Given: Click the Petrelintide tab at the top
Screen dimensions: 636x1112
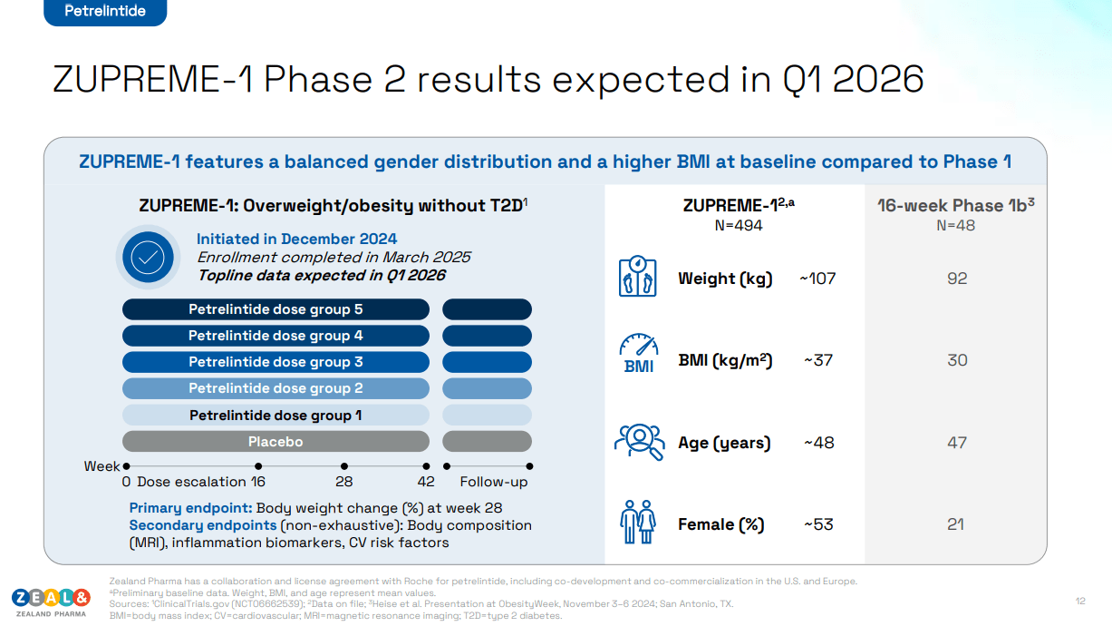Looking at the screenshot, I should pos(105,12).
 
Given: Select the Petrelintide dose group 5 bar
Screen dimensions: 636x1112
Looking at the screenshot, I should pos(276,309).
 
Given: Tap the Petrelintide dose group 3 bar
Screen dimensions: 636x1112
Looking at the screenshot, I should pos(276,362).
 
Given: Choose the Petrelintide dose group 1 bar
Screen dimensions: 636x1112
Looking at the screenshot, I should pos(276,416).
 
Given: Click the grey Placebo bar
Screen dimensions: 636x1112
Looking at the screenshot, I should pos(276,442).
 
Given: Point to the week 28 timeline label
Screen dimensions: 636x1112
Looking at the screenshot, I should pos(344,482).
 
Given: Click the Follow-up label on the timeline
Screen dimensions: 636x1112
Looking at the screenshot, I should pos(493,482).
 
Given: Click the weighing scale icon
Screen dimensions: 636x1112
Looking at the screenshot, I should pos(637,278).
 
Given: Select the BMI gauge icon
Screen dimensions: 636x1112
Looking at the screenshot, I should pos(638,355).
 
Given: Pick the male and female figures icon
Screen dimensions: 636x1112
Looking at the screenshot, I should pos(637,522).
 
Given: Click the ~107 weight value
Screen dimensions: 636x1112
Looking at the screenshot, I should pos(817,279).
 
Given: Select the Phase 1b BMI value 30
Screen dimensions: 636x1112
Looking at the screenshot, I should pos(957,360).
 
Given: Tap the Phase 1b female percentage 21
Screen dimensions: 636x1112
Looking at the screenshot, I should pos(956,524).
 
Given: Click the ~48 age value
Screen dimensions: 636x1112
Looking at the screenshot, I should pos(818,443).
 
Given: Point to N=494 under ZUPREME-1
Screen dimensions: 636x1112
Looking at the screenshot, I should pos(739,225).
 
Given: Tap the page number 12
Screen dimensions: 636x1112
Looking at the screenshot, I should pos(1080,601).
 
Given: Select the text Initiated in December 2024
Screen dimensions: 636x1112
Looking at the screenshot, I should pos(296,239).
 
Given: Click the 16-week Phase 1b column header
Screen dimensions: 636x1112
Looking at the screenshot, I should pos(955,205).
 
